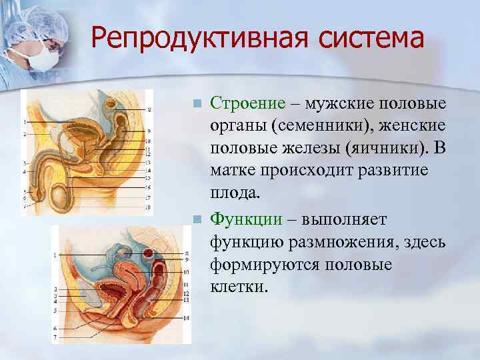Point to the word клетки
click(238, 288)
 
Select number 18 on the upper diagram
click(148, 208)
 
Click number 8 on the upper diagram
click(149, 109)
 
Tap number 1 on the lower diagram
click(57, 255)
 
